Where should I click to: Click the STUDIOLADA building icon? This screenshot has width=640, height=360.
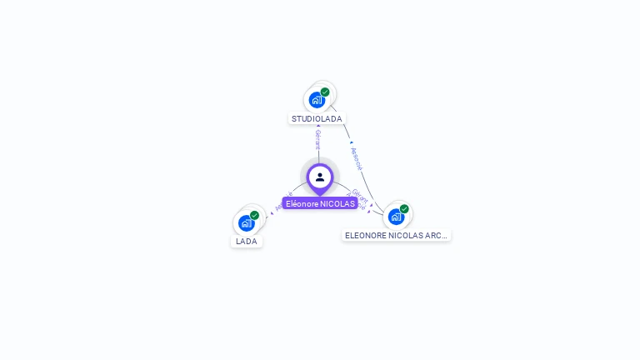point(317,100)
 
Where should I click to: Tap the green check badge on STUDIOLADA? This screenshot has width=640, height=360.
point(325,92)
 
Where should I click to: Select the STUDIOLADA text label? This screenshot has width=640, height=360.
point(317,119)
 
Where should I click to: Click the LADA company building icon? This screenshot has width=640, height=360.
point(246,223)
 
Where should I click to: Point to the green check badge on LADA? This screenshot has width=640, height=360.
point(254,215)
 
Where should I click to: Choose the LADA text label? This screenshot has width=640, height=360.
point(247,242)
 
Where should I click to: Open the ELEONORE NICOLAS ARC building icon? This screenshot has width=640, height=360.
point(396,217)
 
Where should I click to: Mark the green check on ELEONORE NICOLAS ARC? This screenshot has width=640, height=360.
point(404,208)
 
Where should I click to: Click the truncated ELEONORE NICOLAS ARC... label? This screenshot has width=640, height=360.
point(397,236)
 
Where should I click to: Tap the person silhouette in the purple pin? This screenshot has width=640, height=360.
point(320,177)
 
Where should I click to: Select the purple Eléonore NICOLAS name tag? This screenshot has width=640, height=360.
point(320,203)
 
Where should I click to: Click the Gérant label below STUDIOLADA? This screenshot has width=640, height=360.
point(317,139)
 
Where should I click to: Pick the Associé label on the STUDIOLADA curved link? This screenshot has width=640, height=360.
point(357,157)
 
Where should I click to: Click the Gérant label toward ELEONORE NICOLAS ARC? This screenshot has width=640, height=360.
point(360,195)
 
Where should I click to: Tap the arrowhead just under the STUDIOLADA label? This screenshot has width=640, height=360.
point(318,127)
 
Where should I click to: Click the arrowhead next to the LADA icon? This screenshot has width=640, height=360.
point(270,213)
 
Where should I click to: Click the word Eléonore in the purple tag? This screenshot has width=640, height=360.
point(302,203)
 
